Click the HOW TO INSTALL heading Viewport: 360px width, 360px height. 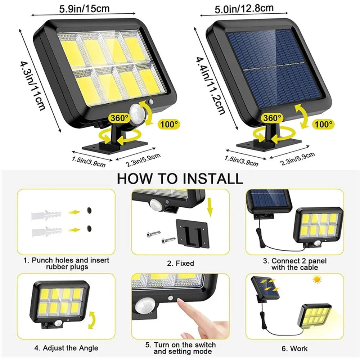coord(180,178)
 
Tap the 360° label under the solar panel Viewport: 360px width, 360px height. coord(272,118)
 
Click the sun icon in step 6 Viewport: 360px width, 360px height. coord(317,279)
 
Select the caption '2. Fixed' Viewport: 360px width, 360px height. coord(180,264)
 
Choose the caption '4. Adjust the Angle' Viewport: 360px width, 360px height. coord(66,348)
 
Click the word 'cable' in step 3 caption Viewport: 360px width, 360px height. coord(308,267)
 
